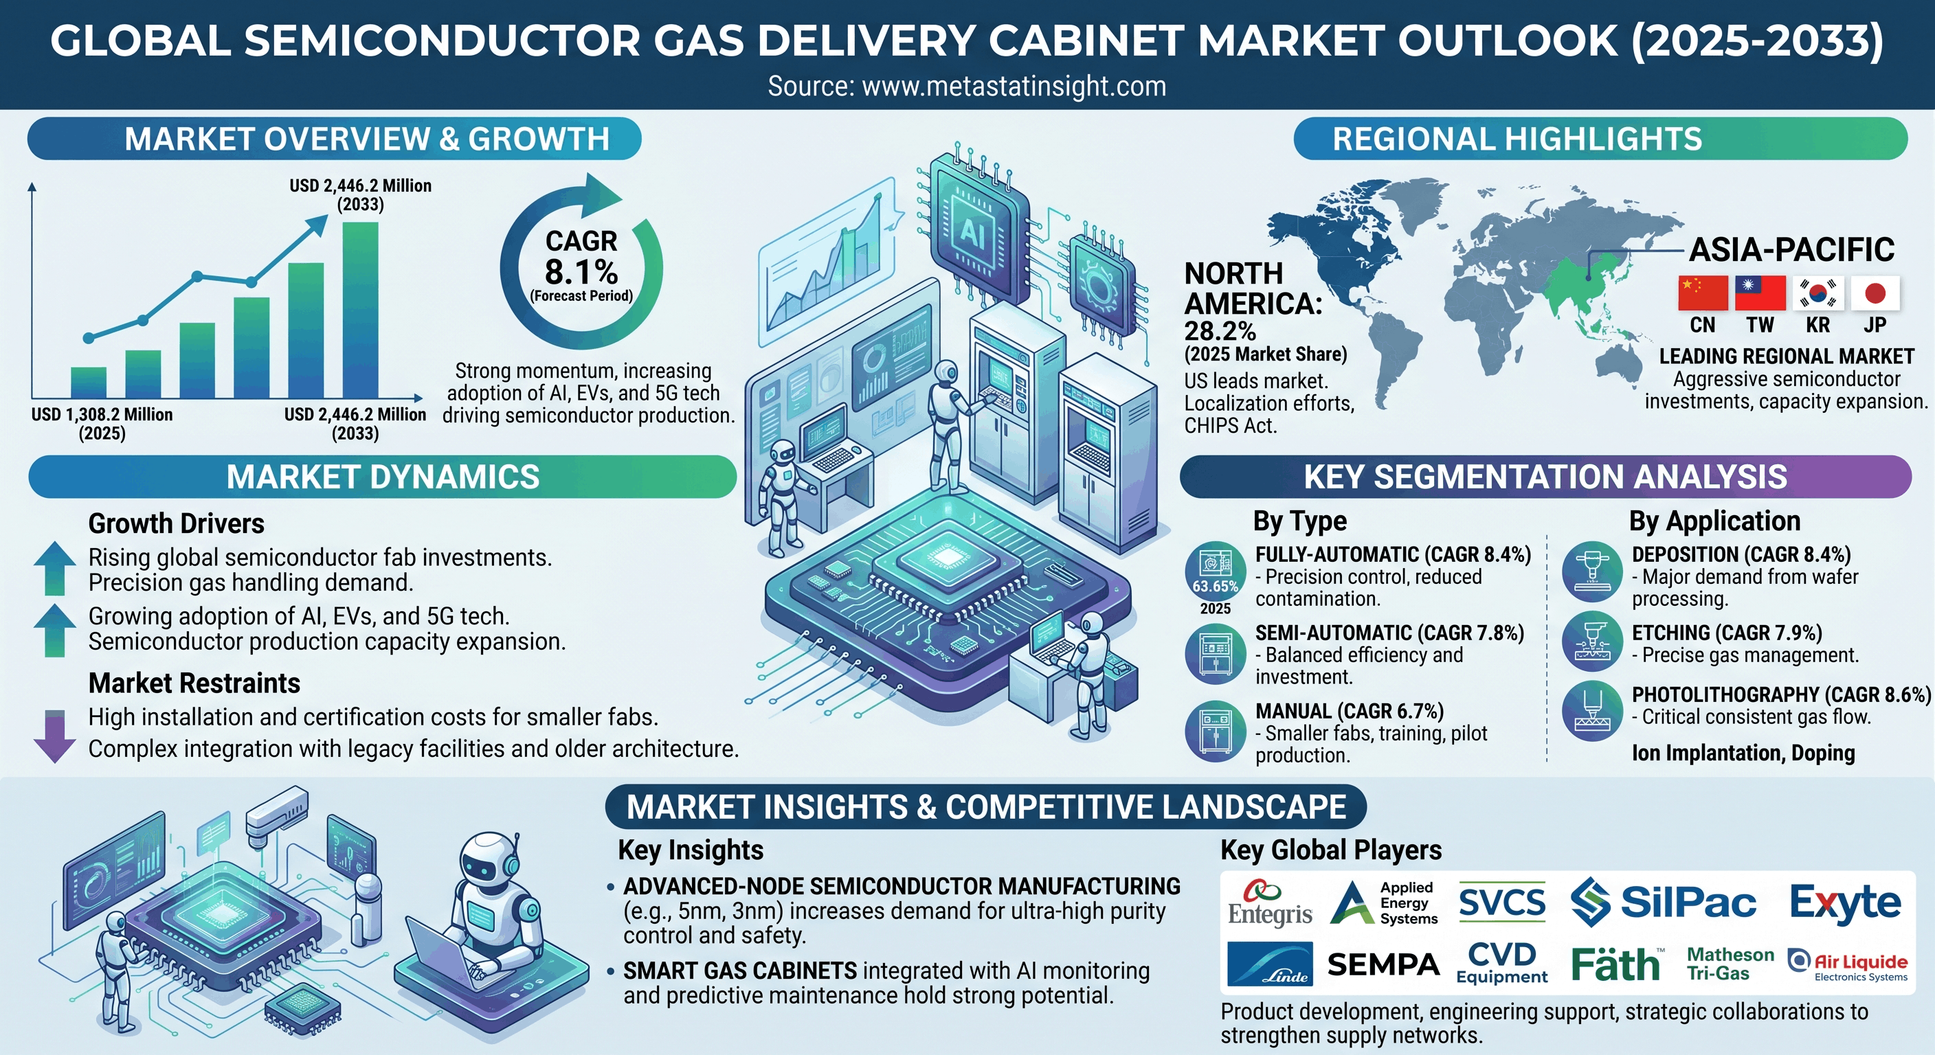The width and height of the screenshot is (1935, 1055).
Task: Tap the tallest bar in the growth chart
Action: pos(361,309)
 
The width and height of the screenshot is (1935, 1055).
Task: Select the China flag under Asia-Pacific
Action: pos(1703,293)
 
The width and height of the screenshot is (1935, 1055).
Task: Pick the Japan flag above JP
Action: pos(1875,293)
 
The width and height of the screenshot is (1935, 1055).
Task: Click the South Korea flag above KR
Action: pos(1817,293)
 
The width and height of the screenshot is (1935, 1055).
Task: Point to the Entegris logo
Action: pos(1269,903)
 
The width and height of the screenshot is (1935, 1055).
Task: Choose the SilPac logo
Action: pos(1664,902)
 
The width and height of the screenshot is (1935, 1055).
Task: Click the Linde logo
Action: pos(1269,964)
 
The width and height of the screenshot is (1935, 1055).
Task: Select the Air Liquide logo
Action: pos(1847,965)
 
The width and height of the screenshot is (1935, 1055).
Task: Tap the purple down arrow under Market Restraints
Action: pos(55,736)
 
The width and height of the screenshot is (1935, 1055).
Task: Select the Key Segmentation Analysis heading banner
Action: pos(1545,477)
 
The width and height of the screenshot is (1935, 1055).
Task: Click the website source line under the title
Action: pos(967,87)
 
